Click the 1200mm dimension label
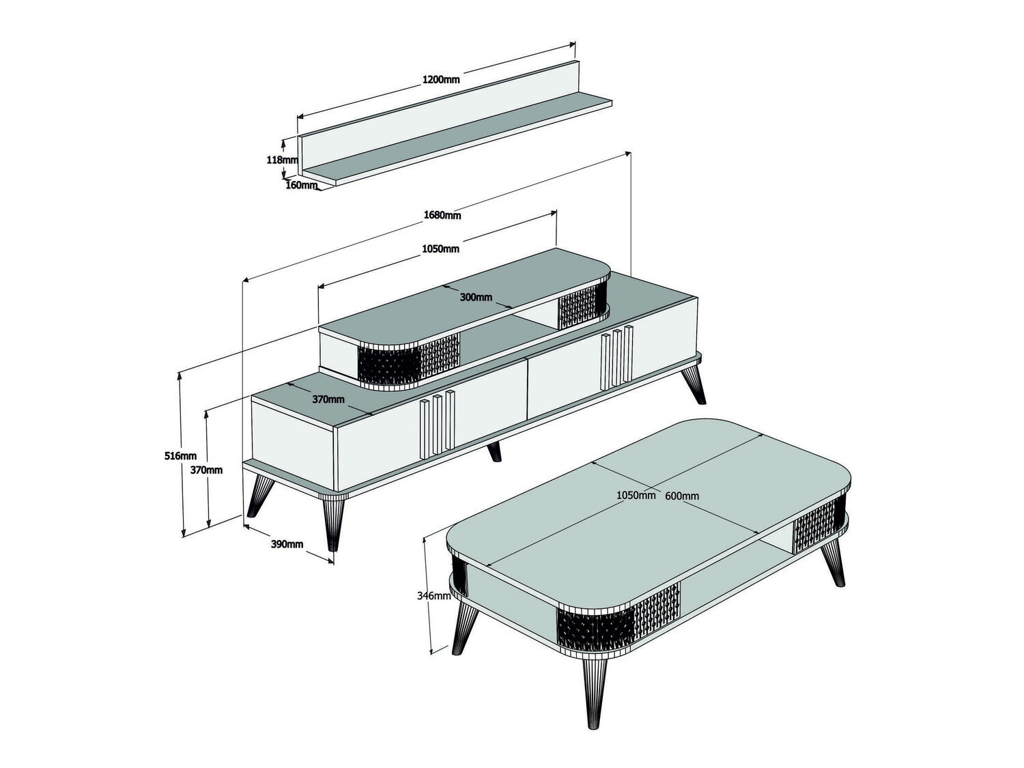tap(441, 79)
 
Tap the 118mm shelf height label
tap(282, 160)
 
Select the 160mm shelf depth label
tap(301, 185)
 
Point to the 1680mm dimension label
tap(442, 215)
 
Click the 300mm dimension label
tap(476, 297)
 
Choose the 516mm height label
tap(180, 455)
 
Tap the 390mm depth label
tap(287, 544)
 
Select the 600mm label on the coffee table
tap(682, 496)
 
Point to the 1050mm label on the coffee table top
tap(636, 495)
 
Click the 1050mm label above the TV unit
tap(440, 248)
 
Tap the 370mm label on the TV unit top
tap(328, 399)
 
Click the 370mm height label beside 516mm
tap(205, 470)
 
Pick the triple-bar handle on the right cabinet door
tap(617, 359)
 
